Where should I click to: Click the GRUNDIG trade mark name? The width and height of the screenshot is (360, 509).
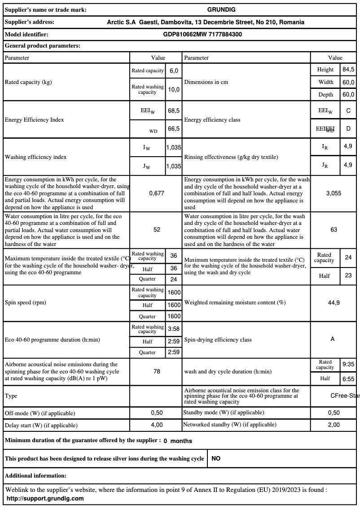[x=221, y=9]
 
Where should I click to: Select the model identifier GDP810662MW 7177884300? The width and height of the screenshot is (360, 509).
[x=203, y=34]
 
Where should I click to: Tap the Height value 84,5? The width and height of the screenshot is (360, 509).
[x=348, y=70]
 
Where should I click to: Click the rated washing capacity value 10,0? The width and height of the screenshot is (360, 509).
[x=174, y=89]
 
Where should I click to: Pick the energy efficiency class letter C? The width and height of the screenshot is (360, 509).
[x=348, y=110]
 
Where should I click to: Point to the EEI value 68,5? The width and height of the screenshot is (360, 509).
[x=174, y=110]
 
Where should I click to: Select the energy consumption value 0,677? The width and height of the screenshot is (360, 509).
[x=157, y=193]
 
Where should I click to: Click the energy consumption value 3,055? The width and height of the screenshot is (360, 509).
[x=334, y=193]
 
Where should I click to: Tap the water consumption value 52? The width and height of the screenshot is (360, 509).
[x=157, y=229]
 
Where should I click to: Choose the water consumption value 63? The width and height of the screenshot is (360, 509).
[x=334, y=229]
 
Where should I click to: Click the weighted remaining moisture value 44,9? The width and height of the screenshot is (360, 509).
[x=334, y=303]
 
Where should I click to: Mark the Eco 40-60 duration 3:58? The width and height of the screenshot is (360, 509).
[x=174, y=329]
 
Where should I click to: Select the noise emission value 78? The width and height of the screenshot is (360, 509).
[x=157, y=372]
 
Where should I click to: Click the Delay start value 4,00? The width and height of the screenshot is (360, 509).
[x=157, y=425]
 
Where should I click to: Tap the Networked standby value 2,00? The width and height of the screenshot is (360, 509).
[x=334, y=425]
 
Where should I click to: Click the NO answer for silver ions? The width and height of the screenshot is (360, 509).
[x=216, y=459]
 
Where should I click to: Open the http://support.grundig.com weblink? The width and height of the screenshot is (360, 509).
[x=45, y=498]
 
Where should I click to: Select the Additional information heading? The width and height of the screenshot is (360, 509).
[x=35, y=475]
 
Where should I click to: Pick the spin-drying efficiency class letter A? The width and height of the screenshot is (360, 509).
[x=333, y=339]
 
